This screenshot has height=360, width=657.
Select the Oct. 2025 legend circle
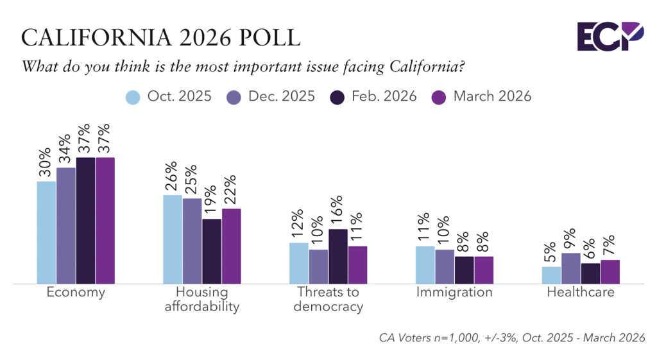[x=133, y=97]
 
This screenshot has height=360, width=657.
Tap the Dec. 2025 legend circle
[x=235, y=97]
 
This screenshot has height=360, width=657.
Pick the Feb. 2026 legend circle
[x=336, y=97]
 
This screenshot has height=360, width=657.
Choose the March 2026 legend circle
[x=438, y=97]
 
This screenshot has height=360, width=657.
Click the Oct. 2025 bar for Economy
[x=46, y=232]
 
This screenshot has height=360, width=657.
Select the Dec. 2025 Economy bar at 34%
[x=66, y=225]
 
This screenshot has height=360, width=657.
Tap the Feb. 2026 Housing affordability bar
[x=212, y=251]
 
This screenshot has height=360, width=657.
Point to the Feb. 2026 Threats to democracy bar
[x=338, y=256]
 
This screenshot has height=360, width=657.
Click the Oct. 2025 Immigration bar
[x=425, y=264]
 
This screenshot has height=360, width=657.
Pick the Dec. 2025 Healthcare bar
[x=572, y=268]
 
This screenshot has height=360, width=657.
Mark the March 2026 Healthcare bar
[x=610, y=271]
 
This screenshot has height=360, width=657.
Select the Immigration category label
[x=454, y=293]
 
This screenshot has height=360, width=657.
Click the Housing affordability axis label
[x=202, y=299]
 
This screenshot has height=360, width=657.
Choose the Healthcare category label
[x=581, y=293]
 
